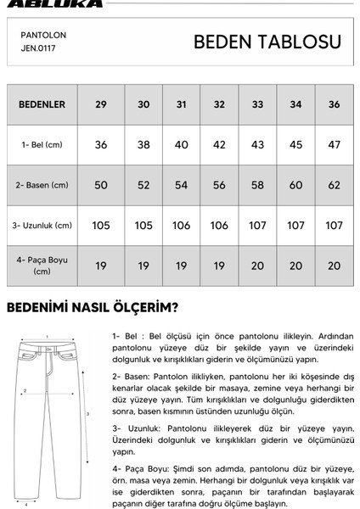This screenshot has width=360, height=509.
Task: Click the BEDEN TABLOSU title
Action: [267, 42]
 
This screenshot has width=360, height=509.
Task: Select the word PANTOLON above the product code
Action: [43, 36]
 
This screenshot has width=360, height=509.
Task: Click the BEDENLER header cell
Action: [42, 104]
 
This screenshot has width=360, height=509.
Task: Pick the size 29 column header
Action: [101, 104]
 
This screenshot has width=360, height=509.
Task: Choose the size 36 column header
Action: [334, 104]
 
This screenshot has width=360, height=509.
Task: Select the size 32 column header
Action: [219, 104]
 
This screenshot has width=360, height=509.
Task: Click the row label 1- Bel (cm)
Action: [42, 145]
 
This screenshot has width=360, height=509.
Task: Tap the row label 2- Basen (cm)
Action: [42, 185]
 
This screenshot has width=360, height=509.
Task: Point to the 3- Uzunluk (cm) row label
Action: [42, 226]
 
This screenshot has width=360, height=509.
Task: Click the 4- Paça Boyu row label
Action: [42, 266]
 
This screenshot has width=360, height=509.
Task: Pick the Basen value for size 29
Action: [101, 185]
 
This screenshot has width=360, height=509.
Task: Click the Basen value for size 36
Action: [334, 185]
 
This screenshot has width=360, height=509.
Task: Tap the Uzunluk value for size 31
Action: [181, 226]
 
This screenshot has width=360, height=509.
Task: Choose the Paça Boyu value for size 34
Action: [296, 266]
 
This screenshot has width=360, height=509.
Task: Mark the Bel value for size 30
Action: [143, 145]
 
